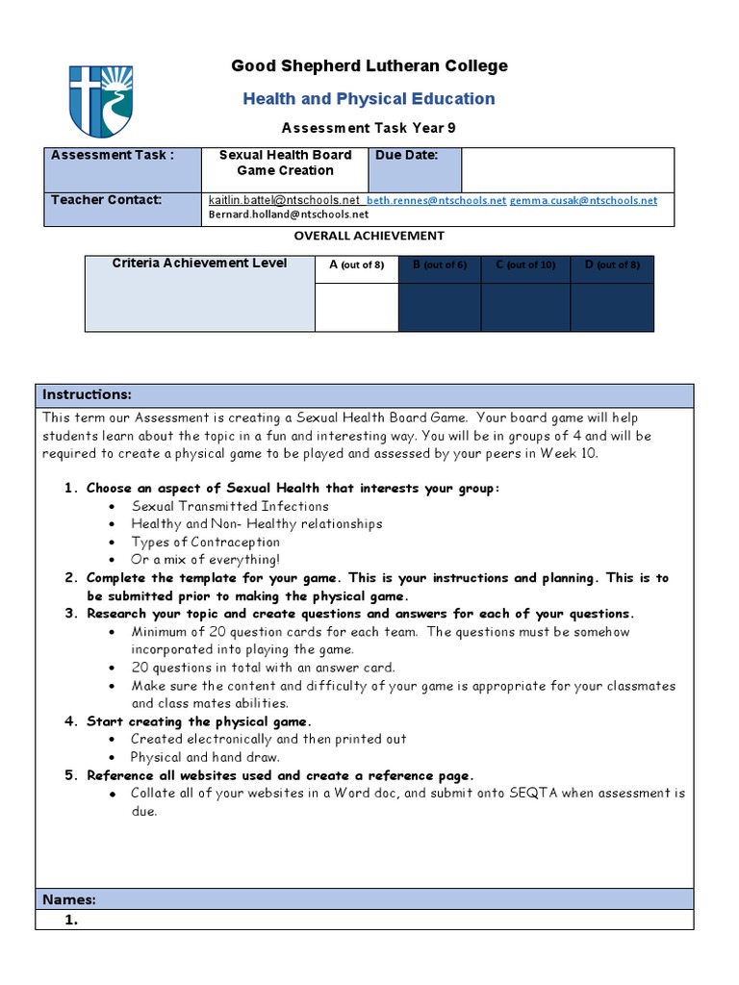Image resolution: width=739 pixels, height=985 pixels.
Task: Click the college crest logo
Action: pyautogui.click(x=101, y=102)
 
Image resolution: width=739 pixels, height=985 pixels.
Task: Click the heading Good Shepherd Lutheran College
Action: pyautogui.click(x=369, y=66)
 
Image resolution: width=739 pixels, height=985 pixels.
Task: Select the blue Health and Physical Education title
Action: pyautogui.click(x=369, y=98)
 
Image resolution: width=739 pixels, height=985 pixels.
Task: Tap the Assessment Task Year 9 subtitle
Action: pyautogui.click(x=369, y=127)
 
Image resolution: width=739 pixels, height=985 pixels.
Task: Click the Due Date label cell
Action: pyautogui.click(x=414, y=169)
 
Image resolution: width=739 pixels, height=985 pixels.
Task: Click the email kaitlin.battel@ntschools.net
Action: pyautogui.click(x=284, y=200)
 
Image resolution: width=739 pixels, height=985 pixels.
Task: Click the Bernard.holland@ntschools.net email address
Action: pyautogui.click(x=289, y=215)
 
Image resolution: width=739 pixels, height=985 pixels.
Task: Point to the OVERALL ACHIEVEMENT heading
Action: pyautogui.click(x=369, y=236)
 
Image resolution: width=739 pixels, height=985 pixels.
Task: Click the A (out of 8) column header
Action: pyautogui.click(x=356, y=265)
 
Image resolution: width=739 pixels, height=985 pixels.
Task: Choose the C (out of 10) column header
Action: pyautogui.click(x=525, y=265)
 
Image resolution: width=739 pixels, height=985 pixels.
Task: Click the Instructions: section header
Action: pyautogui.click(x=87, y=395)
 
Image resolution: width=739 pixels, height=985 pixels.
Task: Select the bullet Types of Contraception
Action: pyautogui.click(x=206, y=542)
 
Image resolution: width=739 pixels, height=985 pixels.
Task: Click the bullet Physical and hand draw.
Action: pyautogui.click(x=205, y=757)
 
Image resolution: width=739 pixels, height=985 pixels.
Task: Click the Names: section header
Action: pyautogui.click(x=68, y=899)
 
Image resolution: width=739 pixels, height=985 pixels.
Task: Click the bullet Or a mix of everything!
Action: pyautogui.click(x=206, y=560)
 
